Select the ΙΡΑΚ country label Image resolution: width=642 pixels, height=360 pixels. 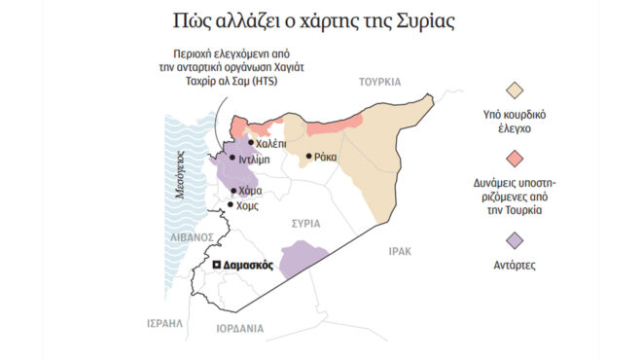point(400,251)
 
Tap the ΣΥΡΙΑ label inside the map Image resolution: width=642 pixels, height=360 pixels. point(307,224)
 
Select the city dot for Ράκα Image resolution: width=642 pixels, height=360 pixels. point(308,156)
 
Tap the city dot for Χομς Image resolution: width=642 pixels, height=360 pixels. point(230,204)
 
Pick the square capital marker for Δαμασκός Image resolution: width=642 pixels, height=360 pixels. point(218,265)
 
